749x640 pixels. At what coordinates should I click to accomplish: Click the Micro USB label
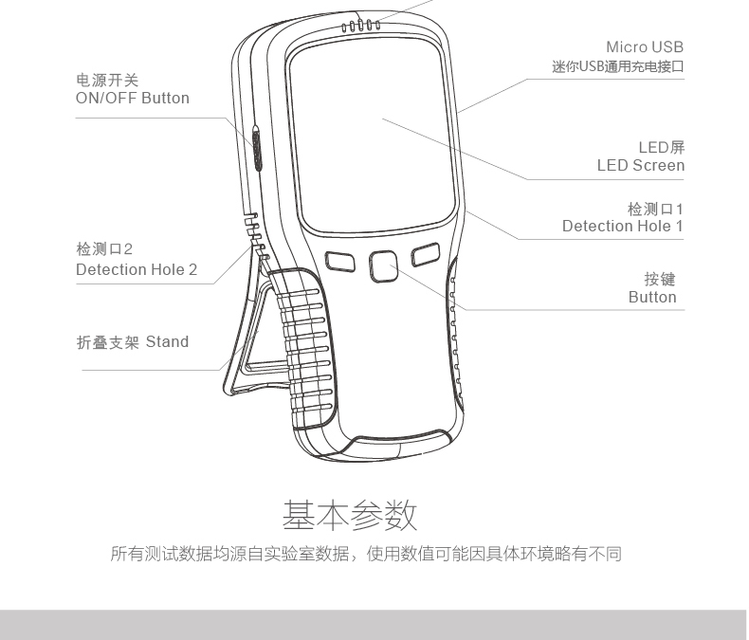click(x=644, y=47)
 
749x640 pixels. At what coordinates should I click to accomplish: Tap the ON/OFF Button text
click(x=133, y=99)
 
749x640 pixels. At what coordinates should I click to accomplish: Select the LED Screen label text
click(x=640, y=166)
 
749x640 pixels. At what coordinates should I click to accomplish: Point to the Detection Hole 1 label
click(x=622, y=226)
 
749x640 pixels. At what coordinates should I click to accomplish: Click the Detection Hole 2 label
click(x=137, y=269)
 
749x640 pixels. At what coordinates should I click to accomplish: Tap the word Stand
click(x=167, y=342)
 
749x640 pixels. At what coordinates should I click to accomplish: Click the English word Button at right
click(x=652, y=298)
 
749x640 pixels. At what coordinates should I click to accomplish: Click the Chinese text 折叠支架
click(x=107, y=342)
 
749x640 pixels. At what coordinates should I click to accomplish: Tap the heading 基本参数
click(x=350, y=516)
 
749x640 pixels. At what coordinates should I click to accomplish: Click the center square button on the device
click(x=383, y=265)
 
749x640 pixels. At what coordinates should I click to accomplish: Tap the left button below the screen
click(x=339, y=260)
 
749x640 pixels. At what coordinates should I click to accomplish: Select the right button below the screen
click(x=426, y=254)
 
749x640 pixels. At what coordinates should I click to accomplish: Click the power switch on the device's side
click(x=257, y=147)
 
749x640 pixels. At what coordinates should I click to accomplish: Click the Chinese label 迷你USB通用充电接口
click(x=617, y=67)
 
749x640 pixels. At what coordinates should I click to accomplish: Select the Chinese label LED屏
click(x=661, y=148)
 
